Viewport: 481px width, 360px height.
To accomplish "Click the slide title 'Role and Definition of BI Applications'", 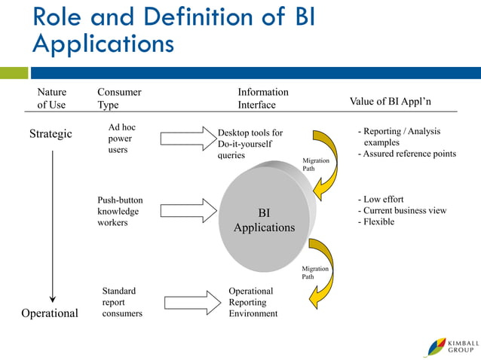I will (173, 30).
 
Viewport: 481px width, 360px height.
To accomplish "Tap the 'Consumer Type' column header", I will (119, 99).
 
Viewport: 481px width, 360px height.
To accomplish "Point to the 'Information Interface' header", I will (262, 99).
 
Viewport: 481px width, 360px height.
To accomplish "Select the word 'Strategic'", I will (51, 134).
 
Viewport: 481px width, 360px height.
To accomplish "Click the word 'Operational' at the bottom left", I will (49, 313).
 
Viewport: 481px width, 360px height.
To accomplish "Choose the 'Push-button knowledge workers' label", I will (120, 211).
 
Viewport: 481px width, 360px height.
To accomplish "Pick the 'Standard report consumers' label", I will (121, 302).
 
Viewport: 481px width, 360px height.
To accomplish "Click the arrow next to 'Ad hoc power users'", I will (188, 139).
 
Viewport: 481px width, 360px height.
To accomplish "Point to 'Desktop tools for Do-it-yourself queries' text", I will (250, 144).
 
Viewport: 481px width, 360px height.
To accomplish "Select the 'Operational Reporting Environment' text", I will (253, 302).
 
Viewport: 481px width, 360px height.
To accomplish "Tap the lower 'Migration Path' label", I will (315, 273).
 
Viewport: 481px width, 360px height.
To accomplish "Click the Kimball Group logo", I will (451, 346).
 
